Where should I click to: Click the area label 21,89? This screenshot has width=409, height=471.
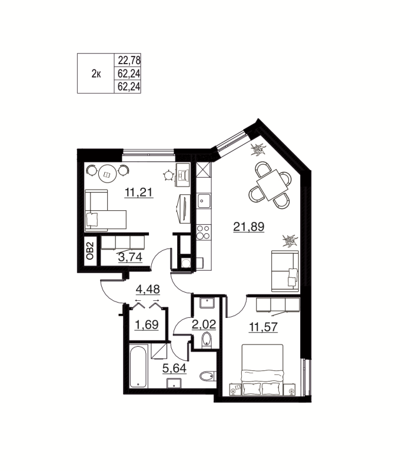(248, 225)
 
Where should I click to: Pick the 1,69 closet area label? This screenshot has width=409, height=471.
(146, 325)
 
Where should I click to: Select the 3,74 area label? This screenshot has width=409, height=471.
(129, 257)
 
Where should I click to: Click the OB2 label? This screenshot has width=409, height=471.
(90, 252)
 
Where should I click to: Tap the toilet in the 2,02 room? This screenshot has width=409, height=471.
(206, 340)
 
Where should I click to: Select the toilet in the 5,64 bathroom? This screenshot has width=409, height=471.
(207, 377)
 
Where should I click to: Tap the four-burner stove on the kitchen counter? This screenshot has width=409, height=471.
(204, 231)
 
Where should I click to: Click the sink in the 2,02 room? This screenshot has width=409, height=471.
(206, 303)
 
